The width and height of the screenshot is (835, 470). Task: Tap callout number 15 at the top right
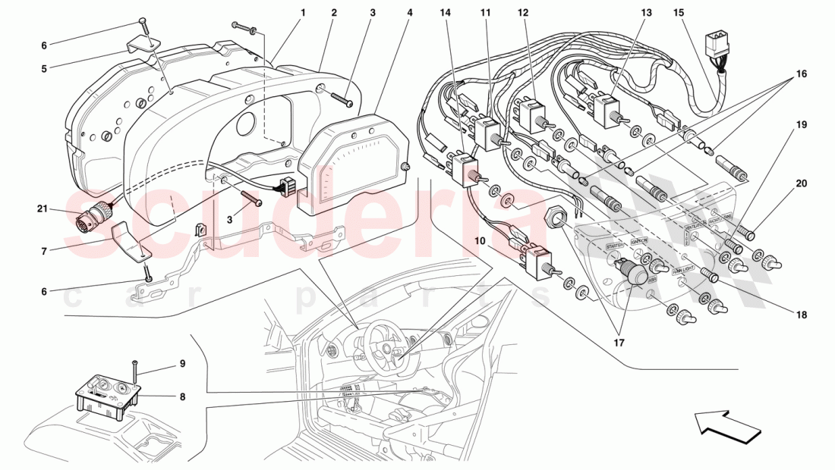pos(678,13)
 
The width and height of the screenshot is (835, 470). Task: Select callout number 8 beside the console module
pos(183,396)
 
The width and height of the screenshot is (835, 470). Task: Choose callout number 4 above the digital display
pos(410,13)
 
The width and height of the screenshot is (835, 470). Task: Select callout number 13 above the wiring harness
pos(646,13)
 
